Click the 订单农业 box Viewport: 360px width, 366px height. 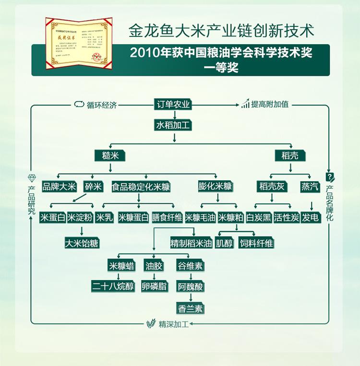tap(174, 105)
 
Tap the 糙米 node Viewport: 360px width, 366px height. tap(110, 156)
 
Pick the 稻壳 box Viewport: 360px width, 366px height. tap(289, 156)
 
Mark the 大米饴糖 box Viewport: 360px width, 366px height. tap(82, 243)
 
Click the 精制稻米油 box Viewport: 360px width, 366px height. tap(191, 243)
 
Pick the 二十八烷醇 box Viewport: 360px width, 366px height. tap(113, 286)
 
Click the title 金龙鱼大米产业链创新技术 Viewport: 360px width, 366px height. tap(221, 32)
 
